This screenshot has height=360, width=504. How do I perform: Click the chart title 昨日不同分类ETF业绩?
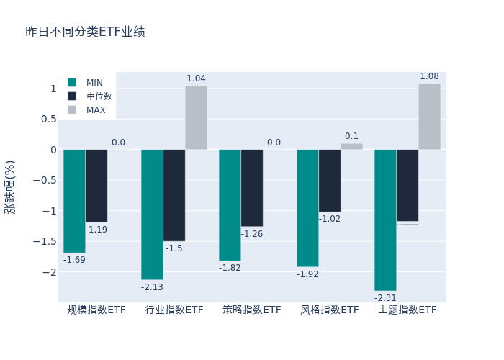click(x=85, y=32)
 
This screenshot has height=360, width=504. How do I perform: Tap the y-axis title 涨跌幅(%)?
click(x=9, y=186)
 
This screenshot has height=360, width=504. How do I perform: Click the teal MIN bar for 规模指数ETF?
click(x=74, y=201)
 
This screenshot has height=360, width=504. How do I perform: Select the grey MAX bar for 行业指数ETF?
click(x=196, y=118)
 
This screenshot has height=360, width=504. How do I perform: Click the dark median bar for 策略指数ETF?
click(x=252, y=188)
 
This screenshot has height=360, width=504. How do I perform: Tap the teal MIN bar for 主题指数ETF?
click(x=385, y=220)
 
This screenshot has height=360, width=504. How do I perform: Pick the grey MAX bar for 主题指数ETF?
click(x=429, y=117)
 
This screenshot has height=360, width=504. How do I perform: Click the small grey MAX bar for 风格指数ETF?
click(x=351, y=146)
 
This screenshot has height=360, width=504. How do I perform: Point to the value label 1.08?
click(x=429, y=76)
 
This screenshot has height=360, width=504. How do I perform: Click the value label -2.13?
click(x=152, y=287)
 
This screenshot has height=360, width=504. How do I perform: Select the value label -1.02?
click(x=330, y=219)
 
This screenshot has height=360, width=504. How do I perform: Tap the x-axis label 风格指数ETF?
click(x=329, y=310)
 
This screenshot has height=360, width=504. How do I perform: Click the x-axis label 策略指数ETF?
click(x=251, y=310)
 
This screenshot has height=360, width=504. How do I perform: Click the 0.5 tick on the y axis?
click(x=48, y=120)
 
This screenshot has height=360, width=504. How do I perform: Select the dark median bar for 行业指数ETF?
click(x=174, y=195)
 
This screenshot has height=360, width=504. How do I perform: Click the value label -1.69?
click(x=74, y=260)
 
